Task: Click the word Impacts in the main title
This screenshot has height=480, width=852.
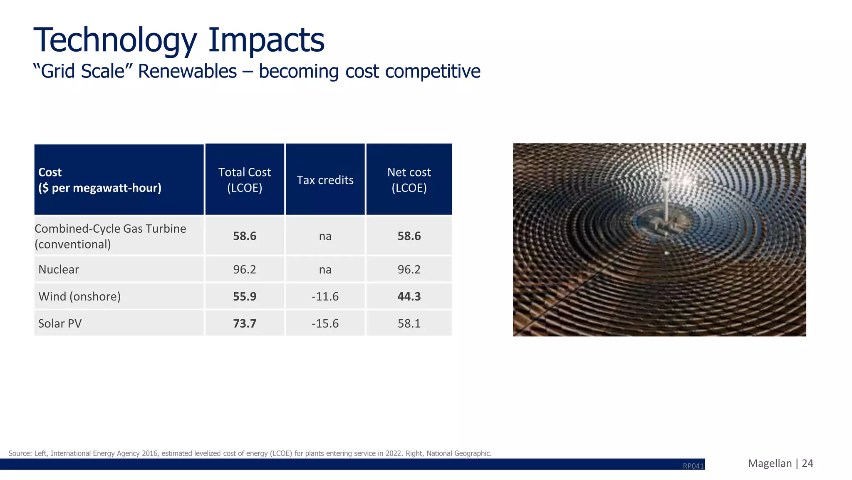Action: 266,40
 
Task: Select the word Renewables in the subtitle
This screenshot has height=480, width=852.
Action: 187,71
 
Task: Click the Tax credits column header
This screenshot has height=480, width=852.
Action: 325,180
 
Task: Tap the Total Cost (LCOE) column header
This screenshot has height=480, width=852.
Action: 245,180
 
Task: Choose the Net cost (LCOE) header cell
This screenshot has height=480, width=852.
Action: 409,180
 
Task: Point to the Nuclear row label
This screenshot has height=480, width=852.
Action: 59,269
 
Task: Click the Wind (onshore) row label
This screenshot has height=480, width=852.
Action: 79,296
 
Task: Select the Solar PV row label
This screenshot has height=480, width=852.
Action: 60,323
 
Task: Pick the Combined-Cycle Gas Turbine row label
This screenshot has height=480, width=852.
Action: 110,236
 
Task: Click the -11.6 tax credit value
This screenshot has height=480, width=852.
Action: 325,296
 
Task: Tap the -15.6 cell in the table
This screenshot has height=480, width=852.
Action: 325,323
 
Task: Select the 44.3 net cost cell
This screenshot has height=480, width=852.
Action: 409,296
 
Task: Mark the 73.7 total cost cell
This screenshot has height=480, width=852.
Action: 245,323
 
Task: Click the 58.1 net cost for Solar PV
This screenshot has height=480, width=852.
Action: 409,323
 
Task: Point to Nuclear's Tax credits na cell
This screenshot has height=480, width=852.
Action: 325,269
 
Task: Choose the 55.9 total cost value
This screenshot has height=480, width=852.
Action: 245,296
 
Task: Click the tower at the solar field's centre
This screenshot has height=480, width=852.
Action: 666,200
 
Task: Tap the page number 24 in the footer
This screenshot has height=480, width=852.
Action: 807,463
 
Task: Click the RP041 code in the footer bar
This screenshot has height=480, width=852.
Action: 693,466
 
